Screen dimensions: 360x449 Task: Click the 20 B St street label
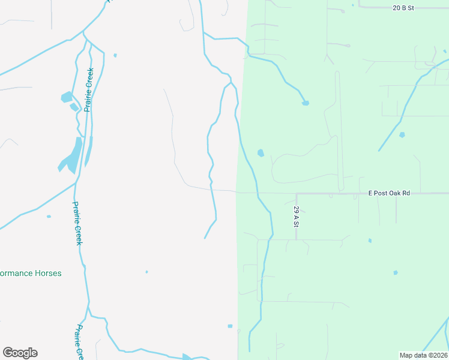coord(403,8)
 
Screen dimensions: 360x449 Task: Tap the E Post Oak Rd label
coord(389,193)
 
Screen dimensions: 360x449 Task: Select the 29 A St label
coord(296,217)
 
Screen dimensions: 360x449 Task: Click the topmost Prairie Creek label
coord(89,90)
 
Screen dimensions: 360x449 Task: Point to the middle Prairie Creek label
coord(77,223)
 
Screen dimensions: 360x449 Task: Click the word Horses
coord(48,273)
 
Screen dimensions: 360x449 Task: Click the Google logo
coord(20,353)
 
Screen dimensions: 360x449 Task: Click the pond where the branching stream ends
coord(306,103)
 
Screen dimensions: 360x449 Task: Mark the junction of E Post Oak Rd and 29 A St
coord(296,194)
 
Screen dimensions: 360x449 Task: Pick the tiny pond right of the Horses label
coord(146,272)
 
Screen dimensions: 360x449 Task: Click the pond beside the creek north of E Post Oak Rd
coord(261,153)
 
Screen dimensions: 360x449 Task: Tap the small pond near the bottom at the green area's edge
coord(230,326)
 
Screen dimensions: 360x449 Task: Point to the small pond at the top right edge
coord(445,52)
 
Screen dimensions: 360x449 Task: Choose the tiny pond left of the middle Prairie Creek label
coord(49,217)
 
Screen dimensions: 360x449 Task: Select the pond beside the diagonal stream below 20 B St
coord(402,135)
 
